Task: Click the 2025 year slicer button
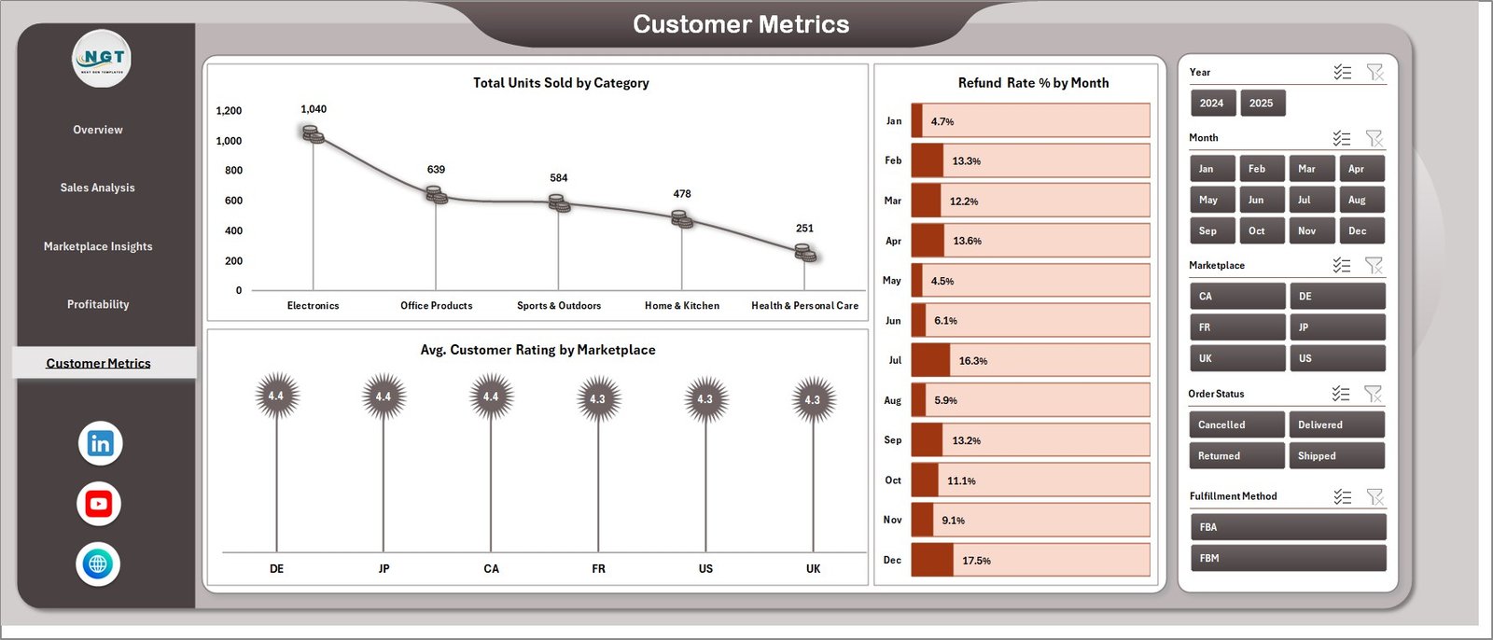pyautogui.click(x=1261, y=104)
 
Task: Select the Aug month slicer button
pyautogui.click(x=1360, y=200)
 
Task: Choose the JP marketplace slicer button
pyautogui.click(x=1336, y=327)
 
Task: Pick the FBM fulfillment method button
pyautogui.click(x=1287, y=558)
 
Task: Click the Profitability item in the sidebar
pyautogui.click(x=98, y=304)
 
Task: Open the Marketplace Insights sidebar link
pyautogui.click(x=98, y=246)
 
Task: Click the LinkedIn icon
pyautogui.click(x=100, y=443)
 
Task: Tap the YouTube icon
pyautogui.click(x=99, y=504)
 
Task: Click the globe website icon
pyautogui.click(x=98, y=563)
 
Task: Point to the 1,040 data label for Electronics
pyautogui.click(x=314, y=109)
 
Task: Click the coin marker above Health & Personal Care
pyautogui.click(x=805, y=253)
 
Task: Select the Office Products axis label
pyautogui.click(x=436, y=306)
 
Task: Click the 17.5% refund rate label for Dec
pyautogui.click(x=976, y=561)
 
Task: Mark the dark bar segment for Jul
pyautogui.click(x=929, y=360)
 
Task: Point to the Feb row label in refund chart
pyautogui.click(x=893, y=160)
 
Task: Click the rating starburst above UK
pyautogui.click(x=813, y=398)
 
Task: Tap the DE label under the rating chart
pyautogui.click(x=276, y=568)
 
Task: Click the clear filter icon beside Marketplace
pyautogui.click(x=1374, y=266)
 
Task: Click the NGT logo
pyautogui.click(x=102, y=59)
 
